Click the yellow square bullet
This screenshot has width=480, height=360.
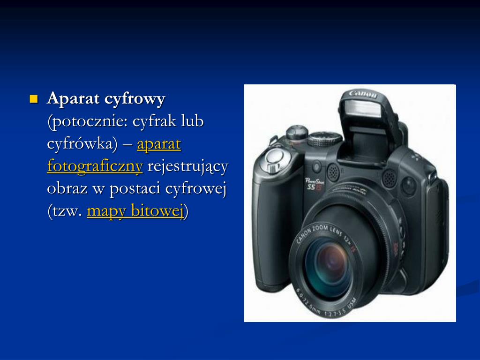coord(33,99)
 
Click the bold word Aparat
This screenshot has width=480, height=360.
coord(73,99)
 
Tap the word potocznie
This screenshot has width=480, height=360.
coord(88,122)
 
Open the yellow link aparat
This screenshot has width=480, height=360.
coord(159,144)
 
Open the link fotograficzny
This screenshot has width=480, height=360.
coord(95,166)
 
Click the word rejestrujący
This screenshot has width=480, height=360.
coord(187,166)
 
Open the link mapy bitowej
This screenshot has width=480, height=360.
coord(135,211)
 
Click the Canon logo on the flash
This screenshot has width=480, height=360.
coord(362,94)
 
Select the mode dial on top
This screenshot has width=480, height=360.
coord(325,138)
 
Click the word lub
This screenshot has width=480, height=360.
coord(193,122)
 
